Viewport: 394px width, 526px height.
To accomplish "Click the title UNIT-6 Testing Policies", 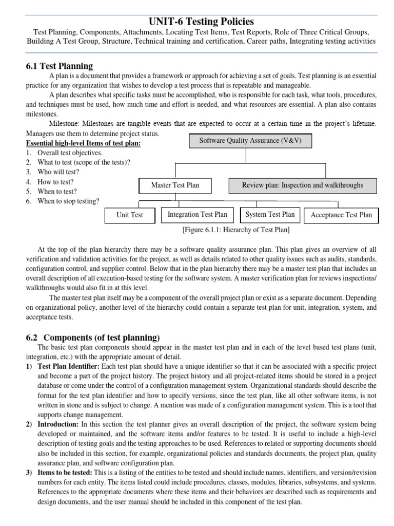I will (201, 21).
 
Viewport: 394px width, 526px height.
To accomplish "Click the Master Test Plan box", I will (175, 185).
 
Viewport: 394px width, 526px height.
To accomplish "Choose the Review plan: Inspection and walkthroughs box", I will (302, 185).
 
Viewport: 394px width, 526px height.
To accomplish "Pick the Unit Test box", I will (130, 215).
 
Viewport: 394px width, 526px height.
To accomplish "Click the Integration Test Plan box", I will (197, 214).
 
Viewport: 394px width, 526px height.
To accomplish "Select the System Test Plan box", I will (270, 214).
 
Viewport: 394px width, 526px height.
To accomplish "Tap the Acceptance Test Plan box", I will (341, 215).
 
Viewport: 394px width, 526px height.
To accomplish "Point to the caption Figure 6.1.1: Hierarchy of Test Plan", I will (236, 230).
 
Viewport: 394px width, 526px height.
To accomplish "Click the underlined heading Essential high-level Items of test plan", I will (82, 143).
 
